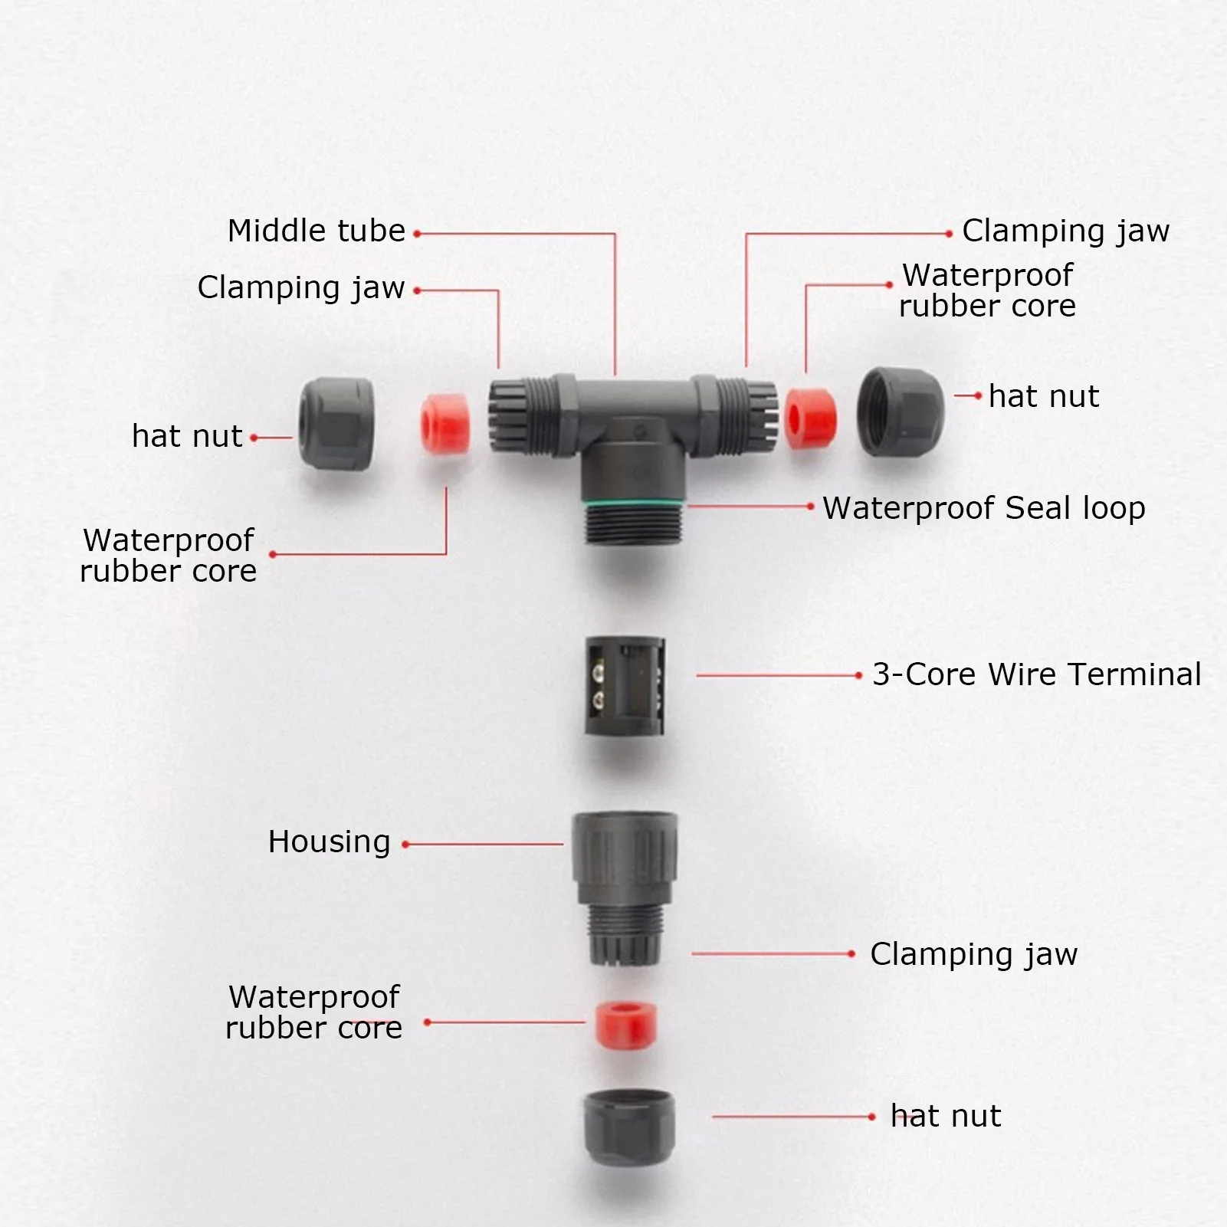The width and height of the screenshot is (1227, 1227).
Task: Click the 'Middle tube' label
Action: tap(316, 231)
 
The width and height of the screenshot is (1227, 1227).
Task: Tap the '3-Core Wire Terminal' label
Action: tap(1036, 674)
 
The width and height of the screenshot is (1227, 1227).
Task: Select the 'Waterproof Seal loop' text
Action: tap(983, 508)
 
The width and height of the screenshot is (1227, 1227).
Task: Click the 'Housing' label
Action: tap(329, 842)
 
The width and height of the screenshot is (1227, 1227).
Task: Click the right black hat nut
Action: tap(900, 412)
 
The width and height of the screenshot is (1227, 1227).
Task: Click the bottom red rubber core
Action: tap(626, 1024)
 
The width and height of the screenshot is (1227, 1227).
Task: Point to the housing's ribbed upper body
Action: tap(625, 857)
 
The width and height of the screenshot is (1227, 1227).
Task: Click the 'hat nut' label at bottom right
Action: tap(945, 1116)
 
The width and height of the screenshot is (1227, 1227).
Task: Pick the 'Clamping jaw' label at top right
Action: tap(1065, 231)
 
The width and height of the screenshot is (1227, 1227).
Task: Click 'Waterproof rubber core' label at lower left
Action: tap(313, 1012)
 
